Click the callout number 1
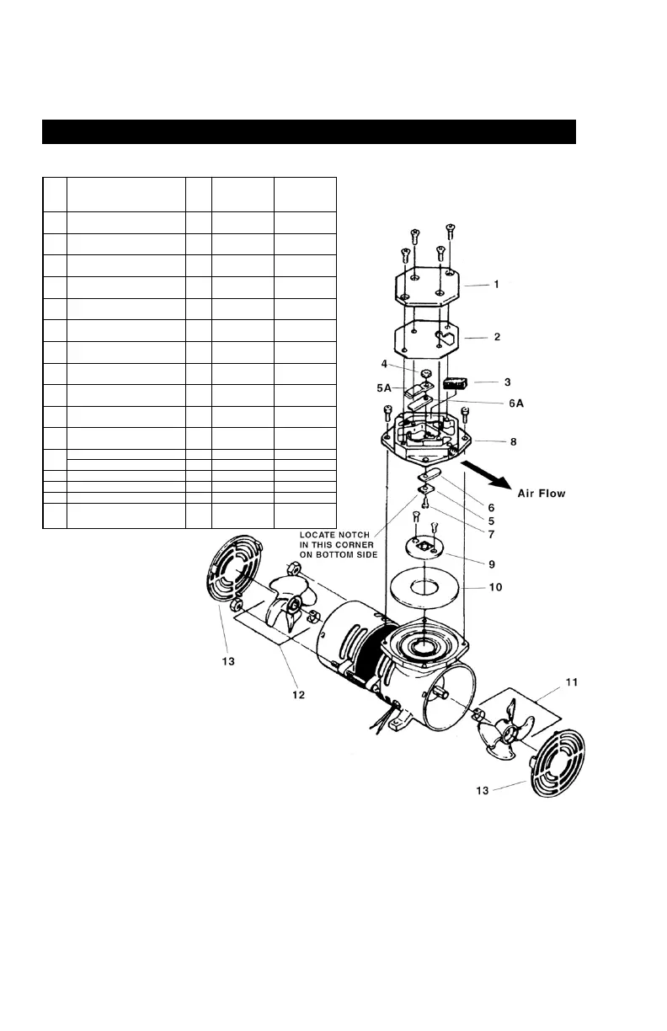496,284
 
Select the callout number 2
496,336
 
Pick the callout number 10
496,586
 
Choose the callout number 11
571,681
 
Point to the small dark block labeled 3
456,384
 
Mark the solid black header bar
309,132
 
